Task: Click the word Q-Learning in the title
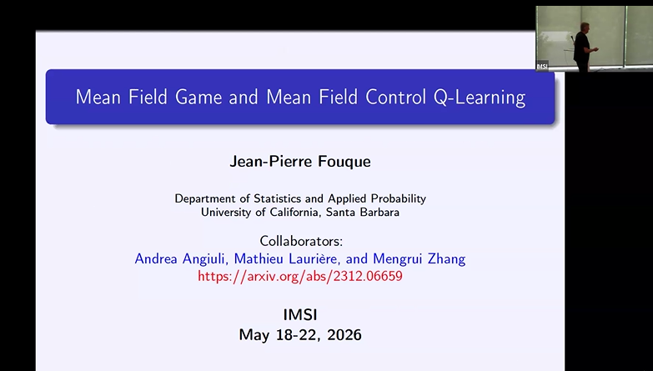480,98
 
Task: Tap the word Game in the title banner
198,97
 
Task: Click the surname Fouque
344,161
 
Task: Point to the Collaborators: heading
301,241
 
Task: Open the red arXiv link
300,276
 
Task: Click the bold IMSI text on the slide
300,315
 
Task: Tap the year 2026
344,335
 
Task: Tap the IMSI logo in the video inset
542,67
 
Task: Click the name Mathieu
256,259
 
